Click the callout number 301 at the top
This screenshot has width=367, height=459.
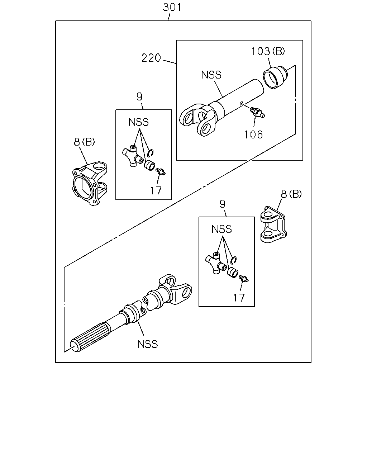[172, 7]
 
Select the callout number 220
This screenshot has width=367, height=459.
[151, 58]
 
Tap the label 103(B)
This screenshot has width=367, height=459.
[268, 51]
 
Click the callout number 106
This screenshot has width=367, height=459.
[253, 134]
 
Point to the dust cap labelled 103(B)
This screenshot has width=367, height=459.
[275, 77]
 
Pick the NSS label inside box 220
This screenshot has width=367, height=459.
[211, 75]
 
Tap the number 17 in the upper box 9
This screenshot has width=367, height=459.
[156, 191]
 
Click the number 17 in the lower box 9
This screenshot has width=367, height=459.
[239, 298]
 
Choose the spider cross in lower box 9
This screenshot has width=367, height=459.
[216, 263]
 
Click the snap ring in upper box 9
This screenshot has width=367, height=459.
[151, 153]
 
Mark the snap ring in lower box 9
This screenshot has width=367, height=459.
[234, 260]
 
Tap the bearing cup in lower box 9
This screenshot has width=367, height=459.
[233, 273]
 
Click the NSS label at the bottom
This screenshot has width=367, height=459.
[148, 344]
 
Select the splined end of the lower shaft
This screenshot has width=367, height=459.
[90, 338]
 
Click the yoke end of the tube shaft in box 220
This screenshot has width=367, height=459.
[197, 119]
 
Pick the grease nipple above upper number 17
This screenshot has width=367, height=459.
[160, 171]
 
